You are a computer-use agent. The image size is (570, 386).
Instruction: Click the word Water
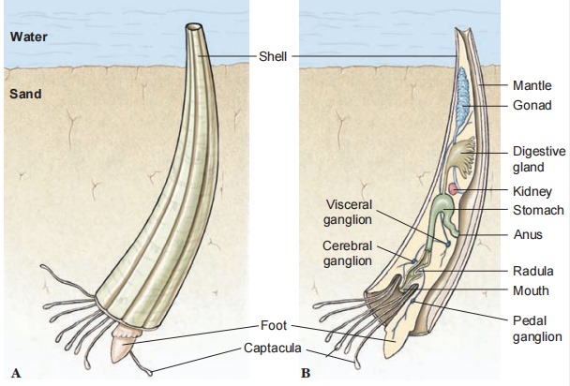click(x=29, y=38)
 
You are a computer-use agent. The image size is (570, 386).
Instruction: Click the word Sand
click(x=26, y=95)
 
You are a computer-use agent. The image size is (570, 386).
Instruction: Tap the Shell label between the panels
click(x=272, y=57)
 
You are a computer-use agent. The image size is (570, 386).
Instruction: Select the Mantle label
click(x=532, y=85)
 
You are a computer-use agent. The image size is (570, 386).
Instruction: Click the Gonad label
click(x=530, y=106)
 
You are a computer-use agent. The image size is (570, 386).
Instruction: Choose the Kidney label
click(x=531, y=190)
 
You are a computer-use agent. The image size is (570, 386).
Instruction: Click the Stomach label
click(x=537, y=210)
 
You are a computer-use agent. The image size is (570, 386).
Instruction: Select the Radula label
click(x=532, y=271)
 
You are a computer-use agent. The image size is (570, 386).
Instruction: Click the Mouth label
click(x=531, y=290)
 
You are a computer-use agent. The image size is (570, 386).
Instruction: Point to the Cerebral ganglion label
click(x=348, y=253)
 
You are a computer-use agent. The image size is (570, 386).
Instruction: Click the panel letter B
click(x=304, y=372)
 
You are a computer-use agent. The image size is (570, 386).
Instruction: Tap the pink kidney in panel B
click(x=453, y=190)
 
